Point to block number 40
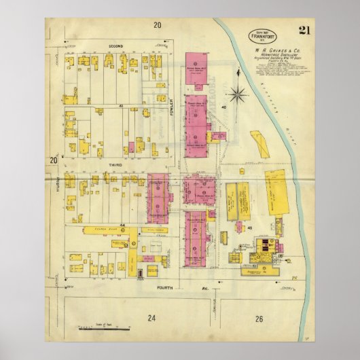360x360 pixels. click(x=224, y=107)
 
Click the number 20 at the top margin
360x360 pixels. click(x=158, y=26)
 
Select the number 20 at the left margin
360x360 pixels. click(x=52, y=160)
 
